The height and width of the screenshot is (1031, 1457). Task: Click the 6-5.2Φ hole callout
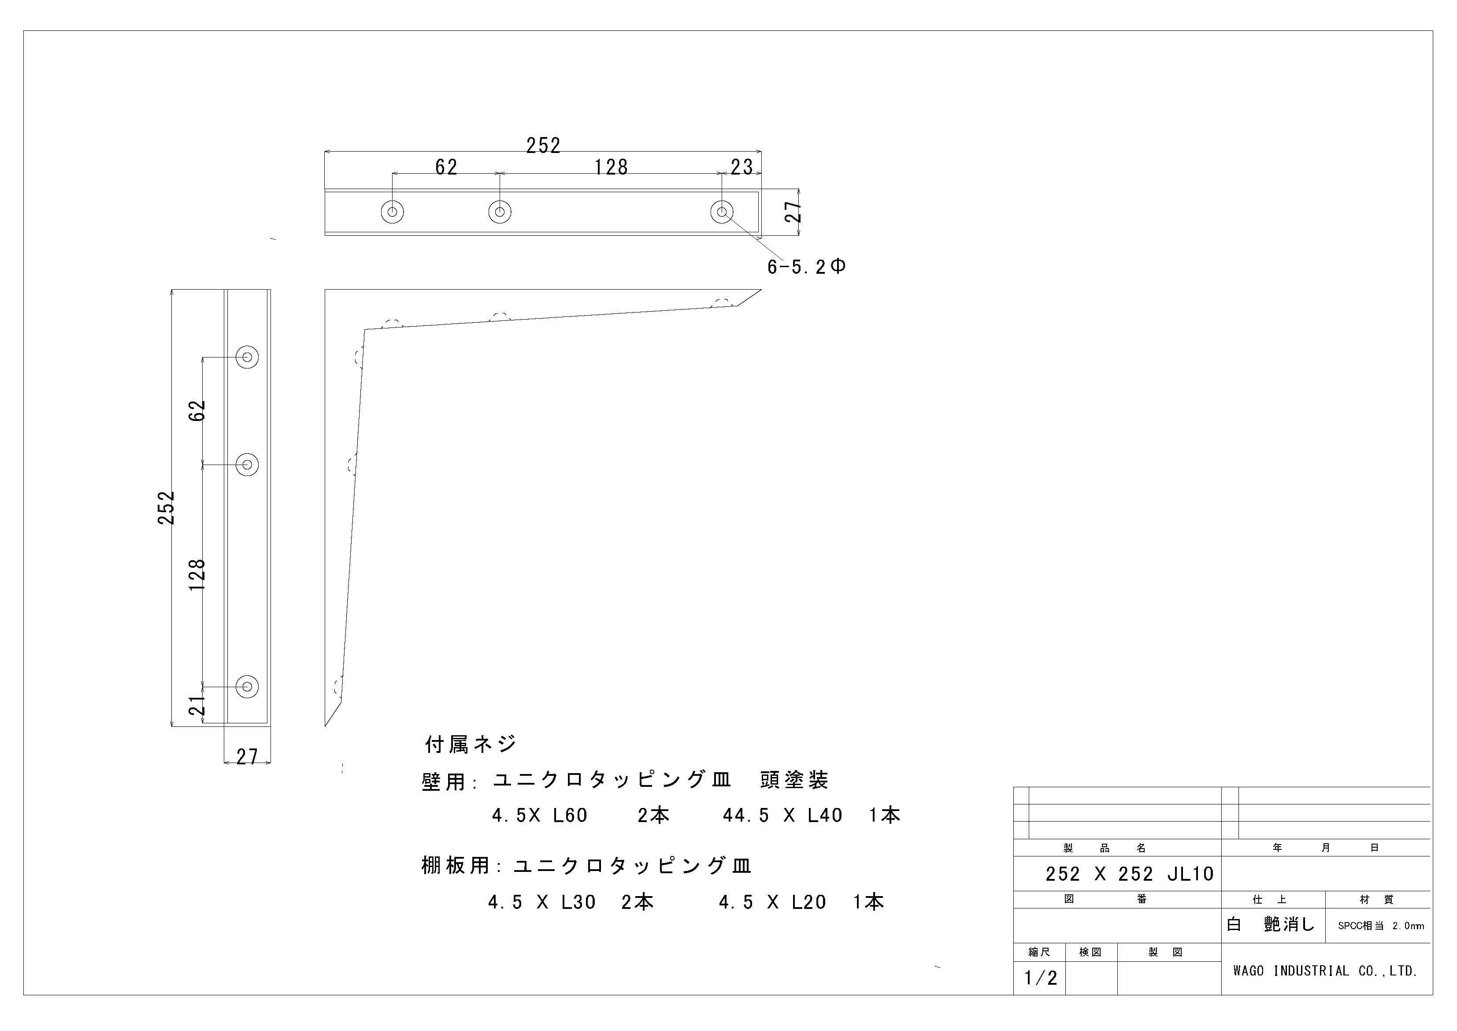[806, 267]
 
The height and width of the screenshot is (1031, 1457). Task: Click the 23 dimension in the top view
[741, 167]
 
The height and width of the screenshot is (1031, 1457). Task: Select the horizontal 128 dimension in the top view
[611, 167]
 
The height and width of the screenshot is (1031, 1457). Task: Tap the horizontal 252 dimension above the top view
[543, 146]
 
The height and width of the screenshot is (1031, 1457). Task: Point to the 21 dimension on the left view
[198, 705]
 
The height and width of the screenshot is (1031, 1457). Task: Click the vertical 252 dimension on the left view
[166, 508]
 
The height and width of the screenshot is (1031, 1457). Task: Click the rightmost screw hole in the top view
[722, 212]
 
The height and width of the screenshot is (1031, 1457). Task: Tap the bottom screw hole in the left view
[247, 686]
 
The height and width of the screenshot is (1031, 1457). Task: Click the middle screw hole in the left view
[247, 465]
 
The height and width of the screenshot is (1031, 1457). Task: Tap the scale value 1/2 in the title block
[1041, 978]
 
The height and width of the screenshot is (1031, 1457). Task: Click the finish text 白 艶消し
[1271, 924]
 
